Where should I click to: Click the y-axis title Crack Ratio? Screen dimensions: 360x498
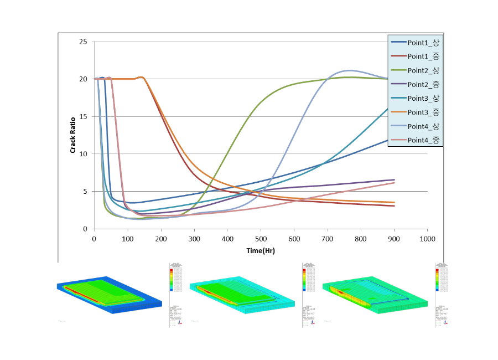tap(72, 135)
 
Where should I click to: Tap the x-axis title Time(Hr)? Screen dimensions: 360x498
tap(261, 250)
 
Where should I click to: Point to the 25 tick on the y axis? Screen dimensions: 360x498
tap(83, 42)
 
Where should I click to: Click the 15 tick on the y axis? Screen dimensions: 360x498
tap(83, 116)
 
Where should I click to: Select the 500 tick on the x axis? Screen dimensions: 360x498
tap(261, 239)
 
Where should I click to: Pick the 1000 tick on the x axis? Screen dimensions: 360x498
tap(427, 239)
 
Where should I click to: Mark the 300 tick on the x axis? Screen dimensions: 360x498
tap(194, 239)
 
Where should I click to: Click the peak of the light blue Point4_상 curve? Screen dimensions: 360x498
tap(349, 70)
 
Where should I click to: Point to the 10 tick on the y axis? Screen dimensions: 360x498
tap(83, 154)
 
